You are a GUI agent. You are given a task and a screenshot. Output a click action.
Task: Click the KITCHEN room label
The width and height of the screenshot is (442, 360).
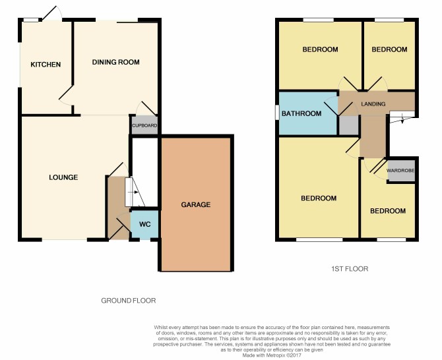pyautogui.click(x=46, y=65)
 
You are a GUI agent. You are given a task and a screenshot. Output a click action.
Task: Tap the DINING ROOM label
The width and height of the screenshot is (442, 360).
pyautogui.click(x=116, y=62)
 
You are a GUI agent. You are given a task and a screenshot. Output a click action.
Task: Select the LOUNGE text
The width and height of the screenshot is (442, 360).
pyautogui.click(x=63, y=177)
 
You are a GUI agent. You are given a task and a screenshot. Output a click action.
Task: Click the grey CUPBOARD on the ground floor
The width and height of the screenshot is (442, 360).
pyautogui.click(x=144, y=125)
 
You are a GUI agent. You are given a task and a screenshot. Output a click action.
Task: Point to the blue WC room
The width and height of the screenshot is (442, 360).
pyautogui.click(x=144, y=225)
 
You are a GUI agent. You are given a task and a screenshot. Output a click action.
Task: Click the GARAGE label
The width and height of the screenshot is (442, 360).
pyautogui.click(x=196, y=204)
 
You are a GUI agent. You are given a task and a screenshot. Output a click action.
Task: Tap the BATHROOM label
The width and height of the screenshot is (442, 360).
pyautogui.click(x=301, y=113)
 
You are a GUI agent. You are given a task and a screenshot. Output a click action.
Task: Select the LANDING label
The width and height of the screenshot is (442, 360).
pyautogui.click(x=373, y=104)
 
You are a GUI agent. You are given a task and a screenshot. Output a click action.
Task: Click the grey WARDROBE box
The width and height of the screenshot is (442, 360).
pyautogui.click(x=401, y=171)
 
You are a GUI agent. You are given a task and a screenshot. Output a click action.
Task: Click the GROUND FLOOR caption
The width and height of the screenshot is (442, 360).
pyautogui.click(x=129, y=301)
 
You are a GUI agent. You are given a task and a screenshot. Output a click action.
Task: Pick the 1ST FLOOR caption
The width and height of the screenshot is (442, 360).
pyautogui.click(x=350, y=269)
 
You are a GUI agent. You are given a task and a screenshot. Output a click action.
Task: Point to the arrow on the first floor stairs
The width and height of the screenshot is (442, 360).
pyautogui.click(x=402, y=120)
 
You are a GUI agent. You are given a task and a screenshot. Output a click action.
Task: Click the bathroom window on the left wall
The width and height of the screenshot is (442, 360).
pyautogui.click(x=277, y=112)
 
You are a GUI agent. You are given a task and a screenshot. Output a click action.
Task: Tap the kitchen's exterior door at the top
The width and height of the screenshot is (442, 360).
pyautogui.click(x=52, y=13)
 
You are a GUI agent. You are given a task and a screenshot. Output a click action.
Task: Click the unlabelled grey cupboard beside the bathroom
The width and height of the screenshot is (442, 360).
pyautogui.click(x=349, y=125)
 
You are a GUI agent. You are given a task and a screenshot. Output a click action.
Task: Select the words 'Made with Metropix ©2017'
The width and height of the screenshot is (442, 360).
pyautogui.click(x=272, y=355)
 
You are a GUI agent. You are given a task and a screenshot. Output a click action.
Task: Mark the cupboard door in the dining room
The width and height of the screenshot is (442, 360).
pyautogui.click(x=146, y=108)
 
